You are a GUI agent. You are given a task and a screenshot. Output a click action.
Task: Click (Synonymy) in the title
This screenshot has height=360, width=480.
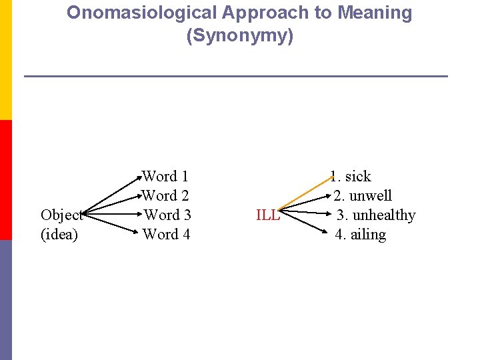(x=240, y=36)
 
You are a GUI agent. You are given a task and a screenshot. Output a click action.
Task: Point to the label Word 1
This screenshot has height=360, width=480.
(x=166, y=177)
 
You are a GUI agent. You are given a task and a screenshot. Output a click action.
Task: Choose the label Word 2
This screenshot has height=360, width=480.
(x=166, y=196)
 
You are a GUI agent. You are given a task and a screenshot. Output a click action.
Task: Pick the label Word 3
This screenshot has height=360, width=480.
(x=167, y=215)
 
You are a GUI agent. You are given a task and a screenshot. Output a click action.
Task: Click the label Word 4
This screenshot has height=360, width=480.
(x=167, y=235)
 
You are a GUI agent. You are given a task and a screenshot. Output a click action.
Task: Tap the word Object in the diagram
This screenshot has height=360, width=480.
(x=61, y=215)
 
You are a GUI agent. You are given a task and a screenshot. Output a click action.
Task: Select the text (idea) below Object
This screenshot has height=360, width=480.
(x=59, y=235)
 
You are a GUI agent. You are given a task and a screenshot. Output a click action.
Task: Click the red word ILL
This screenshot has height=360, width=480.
(x=268, y=215)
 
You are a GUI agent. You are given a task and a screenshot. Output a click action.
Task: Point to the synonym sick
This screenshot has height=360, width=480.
(x=357, y=177)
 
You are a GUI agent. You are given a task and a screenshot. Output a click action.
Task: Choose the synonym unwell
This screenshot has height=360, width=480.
(x=371, y=196)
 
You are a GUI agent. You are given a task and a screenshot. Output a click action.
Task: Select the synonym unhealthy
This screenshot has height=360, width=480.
(x=384, y=215)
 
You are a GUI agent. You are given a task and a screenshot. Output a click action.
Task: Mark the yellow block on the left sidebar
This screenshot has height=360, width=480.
(x=5, y=60)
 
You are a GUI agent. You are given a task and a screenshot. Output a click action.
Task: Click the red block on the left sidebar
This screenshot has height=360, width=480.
(x=5, y=180)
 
